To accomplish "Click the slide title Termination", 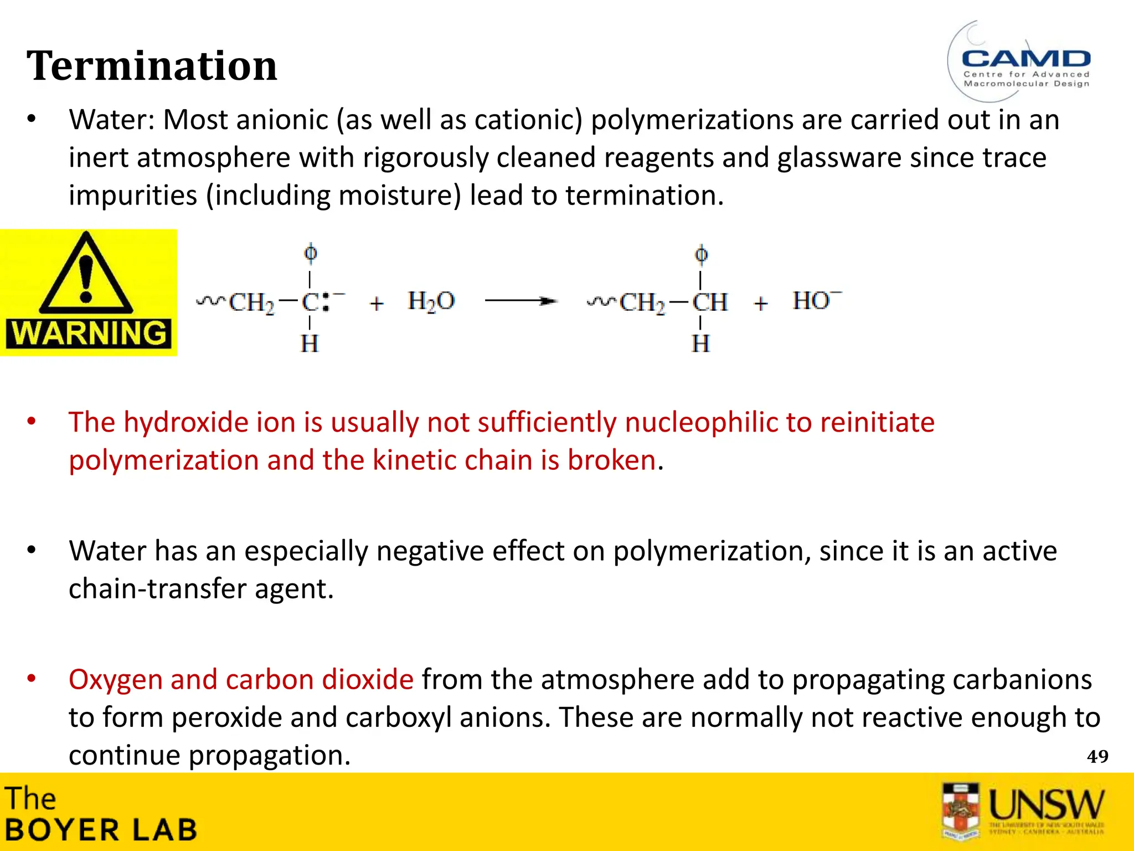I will coord(152,66).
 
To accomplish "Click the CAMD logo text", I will coord(1026,59).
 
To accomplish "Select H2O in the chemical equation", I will coord(431,302).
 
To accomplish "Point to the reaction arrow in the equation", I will coord(520,301).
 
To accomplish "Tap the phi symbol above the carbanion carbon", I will coord(311,253).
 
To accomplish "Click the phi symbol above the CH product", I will coord(701,254).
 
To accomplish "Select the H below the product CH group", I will coord(700,344).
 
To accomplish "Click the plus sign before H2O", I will coord(377,304).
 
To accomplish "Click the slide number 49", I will coord(1097,757).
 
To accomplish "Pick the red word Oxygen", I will coord(115,680).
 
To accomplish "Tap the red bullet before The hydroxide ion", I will coord(32,422).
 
